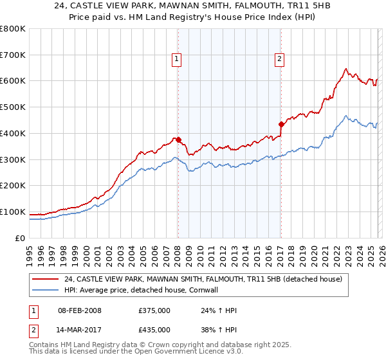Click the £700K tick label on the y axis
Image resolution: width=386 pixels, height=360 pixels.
tap(13, 55)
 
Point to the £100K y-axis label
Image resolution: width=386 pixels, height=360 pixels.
tap(13, 212)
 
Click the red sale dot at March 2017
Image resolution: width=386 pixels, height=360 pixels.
tap(281, 124)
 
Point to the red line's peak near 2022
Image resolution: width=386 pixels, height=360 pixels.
tap(346, 69)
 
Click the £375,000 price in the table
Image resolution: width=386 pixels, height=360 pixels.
tap(154, 311)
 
